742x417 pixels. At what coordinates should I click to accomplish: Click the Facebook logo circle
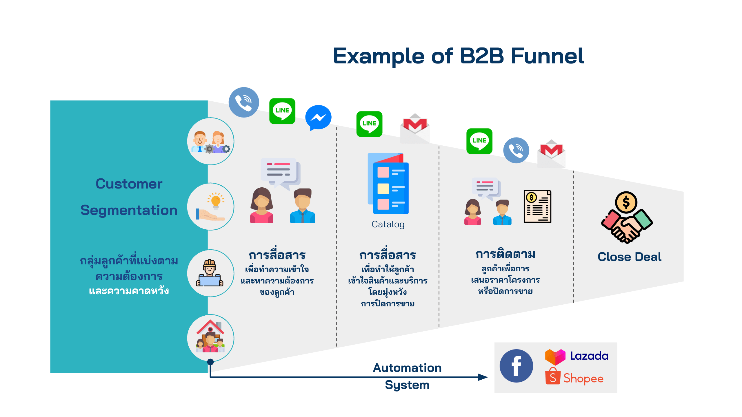coord(516,366)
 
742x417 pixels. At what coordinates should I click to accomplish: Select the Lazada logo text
coord(589,356)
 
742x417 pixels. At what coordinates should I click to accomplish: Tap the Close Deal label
coord(629,257)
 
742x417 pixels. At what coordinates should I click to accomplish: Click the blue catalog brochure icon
coord(388,184)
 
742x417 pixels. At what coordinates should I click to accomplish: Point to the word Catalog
coord(388,224)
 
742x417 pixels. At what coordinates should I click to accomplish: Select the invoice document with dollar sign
coord(537,206)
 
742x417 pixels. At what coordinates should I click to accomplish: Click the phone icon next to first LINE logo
coord(243,102)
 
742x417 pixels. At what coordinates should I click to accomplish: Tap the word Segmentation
coord(129,210)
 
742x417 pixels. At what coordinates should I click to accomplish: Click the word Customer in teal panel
coord(129,184)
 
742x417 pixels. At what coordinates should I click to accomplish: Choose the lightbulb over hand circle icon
coord(210,206)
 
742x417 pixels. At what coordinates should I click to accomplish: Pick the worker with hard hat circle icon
coord(210,273)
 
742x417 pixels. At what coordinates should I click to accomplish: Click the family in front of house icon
coord(210,338)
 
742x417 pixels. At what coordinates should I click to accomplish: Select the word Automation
coord(407,368)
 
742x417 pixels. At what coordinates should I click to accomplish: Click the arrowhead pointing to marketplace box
coord(483,377)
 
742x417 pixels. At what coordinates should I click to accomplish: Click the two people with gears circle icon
coord(210,141)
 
